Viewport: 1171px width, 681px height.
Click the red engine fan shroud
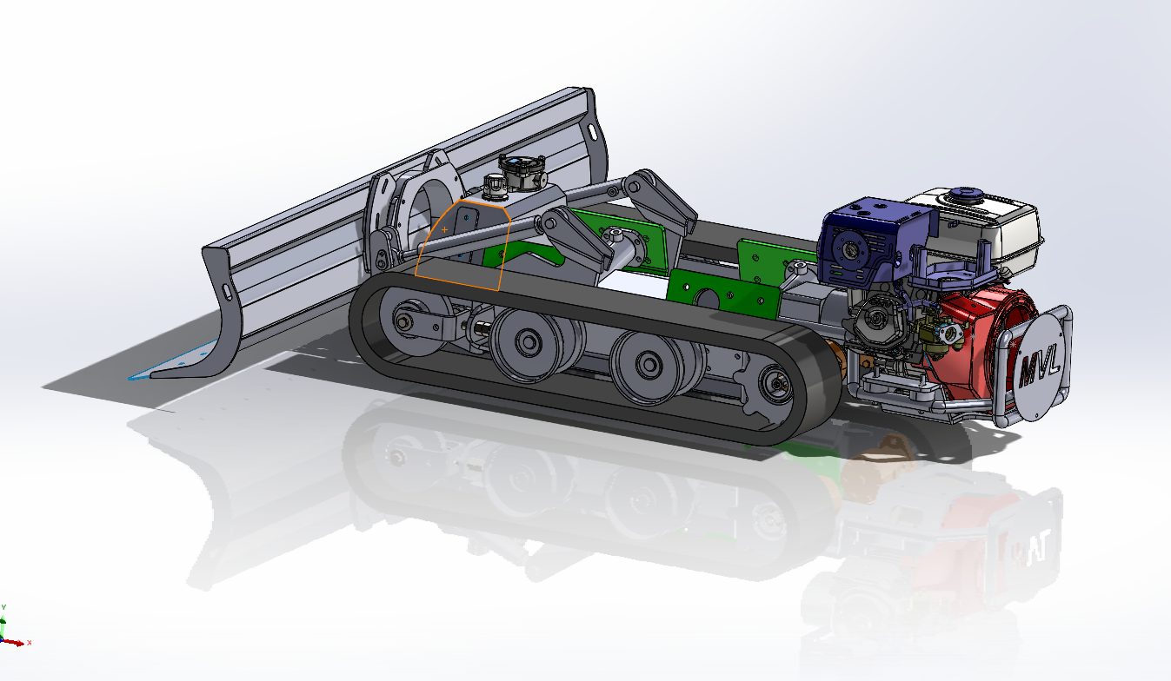(x=991, y=321)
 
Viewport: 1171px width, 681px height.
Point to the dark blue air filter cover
(x=865, y=243)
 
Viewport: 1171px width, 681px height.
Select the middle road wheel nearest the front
(x=527, y=343)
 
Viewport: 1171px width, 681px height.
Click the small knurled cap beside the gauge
(x=495, y=184)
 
